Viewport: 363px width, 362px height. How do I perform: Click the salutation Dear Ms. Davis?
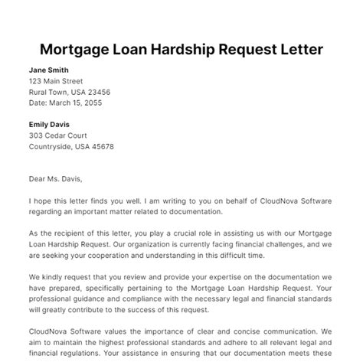coord(58,181)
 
